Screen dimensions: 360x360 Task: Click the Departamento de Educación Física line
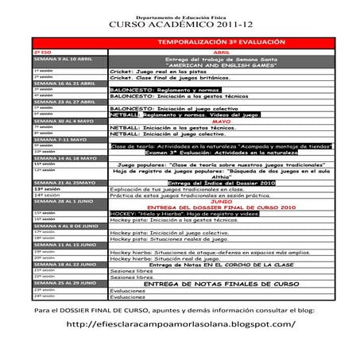pyautogui.click(x=179, y=15)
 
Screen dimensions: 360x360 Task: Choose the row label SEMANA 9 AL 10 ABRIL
pyautogui.click(x=59, y=59)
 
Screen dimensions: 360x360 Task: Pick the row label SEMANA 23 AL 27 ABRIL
pyautogui.click(x=60, y=103)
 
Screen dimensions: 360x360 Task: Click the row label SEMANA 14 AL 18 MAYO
pyautogui.click(x=60, y=159)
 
